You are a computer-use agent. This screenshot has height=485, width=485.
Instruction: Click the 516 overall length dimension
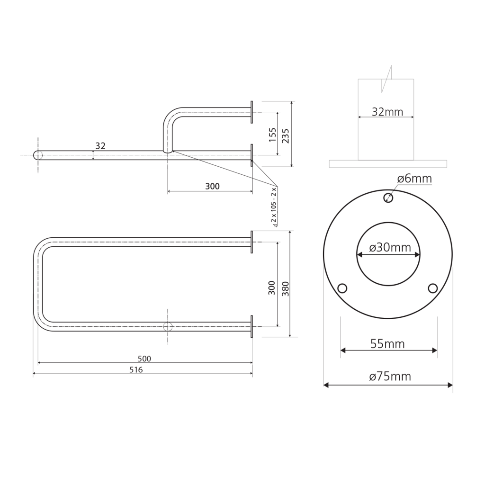136,369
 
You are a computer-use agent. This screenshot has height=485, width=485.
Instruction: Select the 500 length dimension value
144,359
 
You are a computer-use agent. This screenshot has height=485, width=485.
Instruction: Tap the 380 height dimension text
285,289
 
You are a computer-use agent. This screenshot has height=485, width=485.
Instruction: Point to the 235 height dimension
285,136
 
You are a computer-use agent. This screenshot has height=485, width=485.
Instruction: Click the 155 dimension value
272,135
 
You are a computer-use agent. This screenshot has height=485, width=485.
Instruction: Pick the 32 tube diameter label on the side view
100,146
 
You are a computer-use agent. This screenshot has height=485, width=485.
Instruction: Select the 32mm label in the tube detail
387,112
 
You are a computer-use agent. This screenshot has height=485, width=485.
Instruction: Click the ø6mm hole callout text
414,179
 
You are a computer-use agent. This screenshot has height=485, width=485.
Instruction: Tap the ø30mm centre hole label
390,247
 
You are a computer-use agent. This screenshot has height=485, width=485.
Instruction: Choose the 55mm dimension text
387,344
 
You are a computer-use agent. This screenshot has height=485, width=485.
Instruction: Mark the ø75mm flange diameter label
390,376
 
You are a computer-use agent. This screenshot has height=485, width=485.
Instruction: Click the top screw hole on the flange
388,198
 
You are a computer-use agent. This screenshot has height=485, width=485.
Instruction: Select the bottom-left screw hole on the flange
342,288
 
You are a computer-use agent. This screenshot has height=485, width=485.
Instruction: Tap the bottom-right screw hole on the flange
433,288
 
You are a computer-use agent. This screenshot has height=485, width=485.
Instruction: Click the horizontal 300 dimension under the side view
213,186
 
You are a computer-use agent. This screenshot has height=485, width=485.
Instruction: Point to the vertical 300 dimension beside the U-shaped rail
271,287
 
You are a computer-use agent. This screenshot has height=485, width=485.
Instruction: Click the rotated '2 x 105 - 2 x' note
274,207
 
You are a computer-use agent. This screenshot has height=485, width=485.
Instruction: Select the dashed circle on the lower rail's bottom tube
168,327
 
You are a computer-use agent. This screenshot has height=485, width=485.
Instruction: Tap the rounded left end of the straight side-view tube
35,155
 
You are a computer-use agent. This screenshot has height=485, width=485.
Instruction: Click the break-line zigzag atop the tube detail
386,79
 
